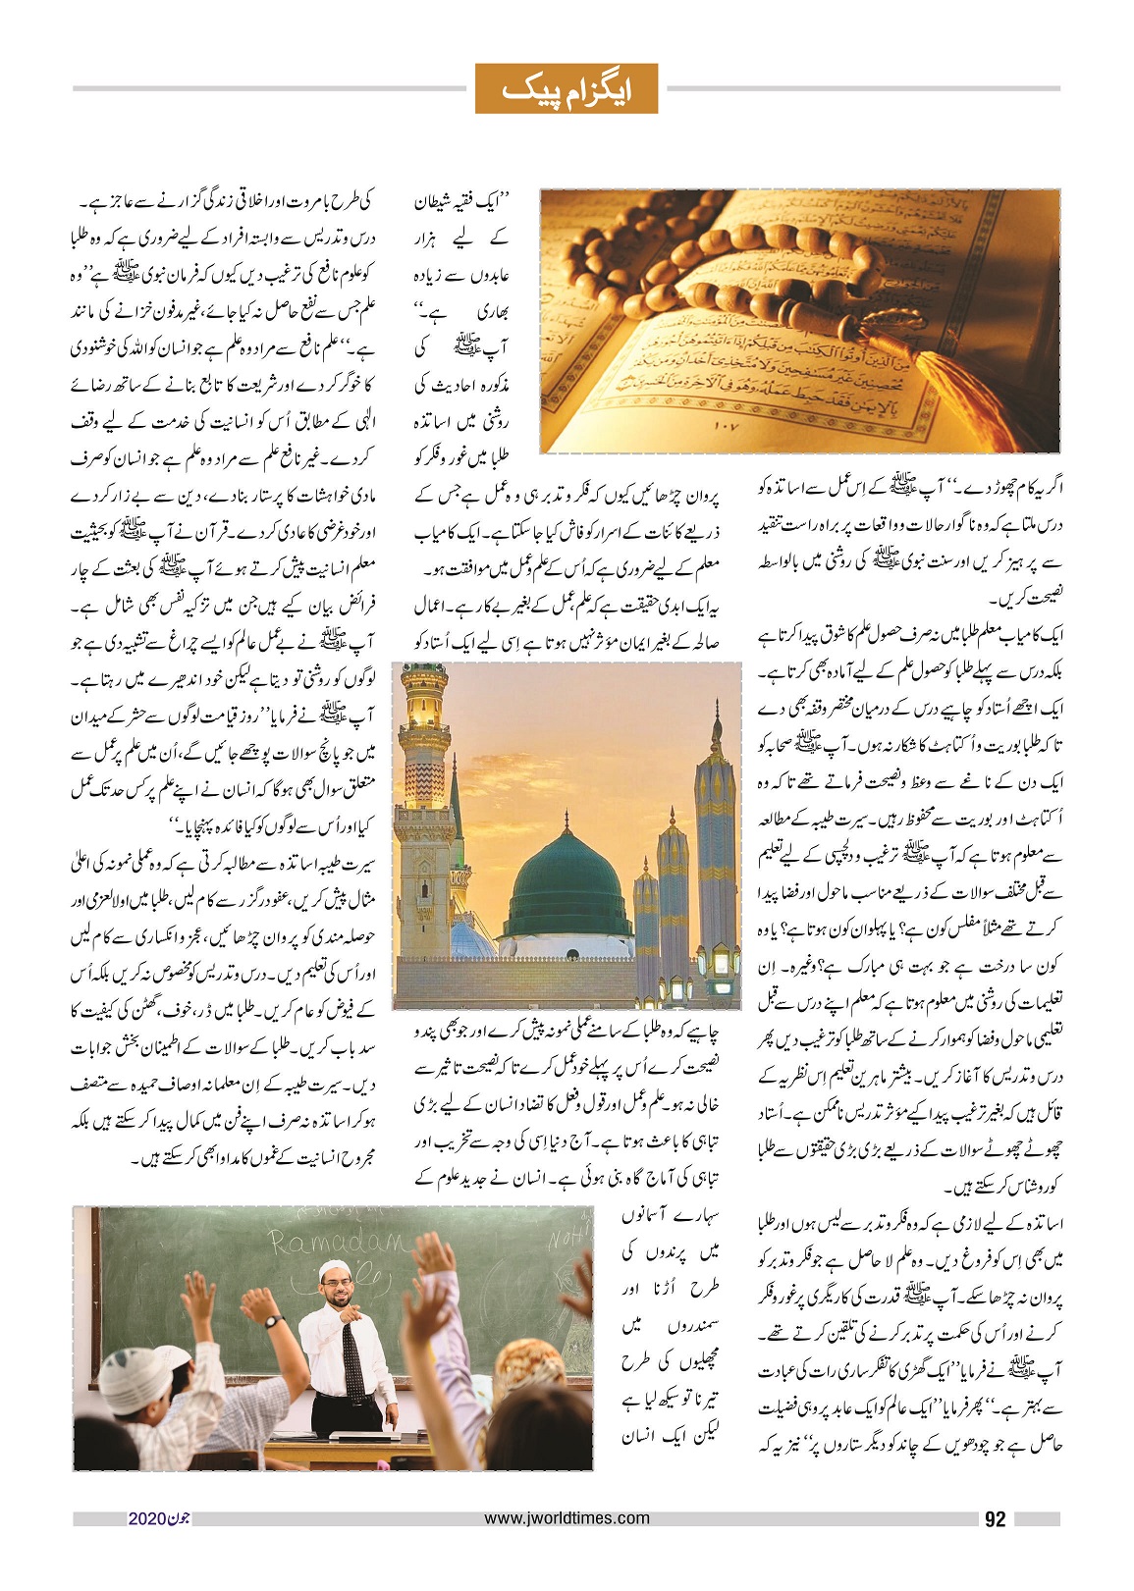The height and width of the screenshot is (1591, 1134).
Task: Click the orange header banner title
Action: (566, 89)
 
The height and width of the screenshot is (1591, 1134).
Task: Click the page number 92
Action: (995, 1518)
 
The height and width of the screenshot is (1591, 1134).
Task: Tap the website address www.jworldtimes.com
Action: (567, 1517)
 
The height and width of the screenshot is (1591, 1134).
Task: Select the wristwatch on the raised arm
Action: (273, 1322)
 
